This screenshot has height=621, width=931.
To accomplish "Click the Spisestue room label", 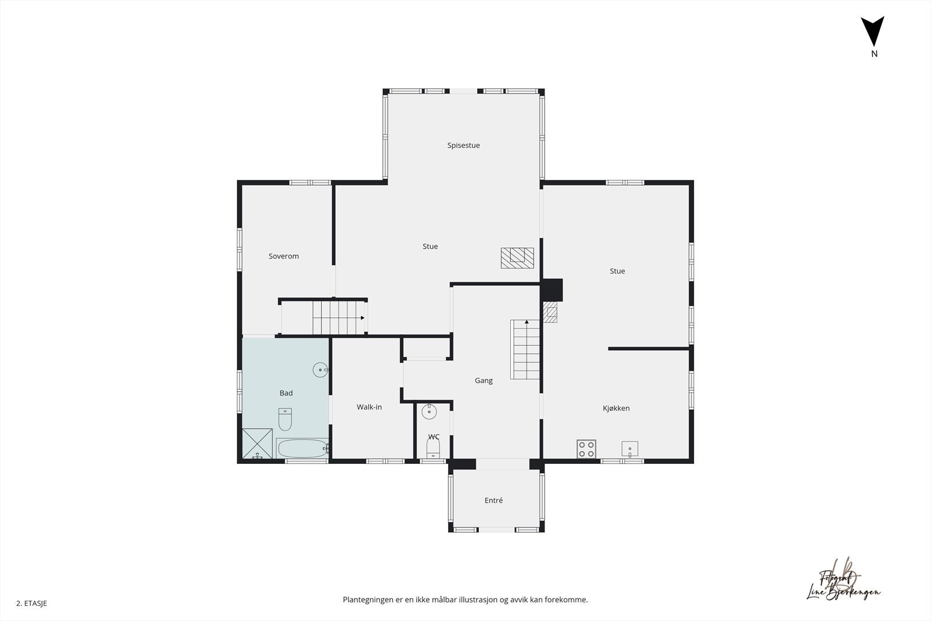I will (x=463, y=146).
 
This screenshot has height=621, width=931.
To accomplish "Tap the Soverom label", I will (x=283, y=256).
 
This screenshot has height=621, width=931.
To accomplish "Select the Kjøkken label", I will (x=616, y=408).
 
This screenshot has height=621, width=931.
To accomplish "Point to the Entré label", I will (x=493, y=501).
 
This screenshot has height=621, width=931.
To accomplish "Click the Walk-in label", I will (x=369, y=407).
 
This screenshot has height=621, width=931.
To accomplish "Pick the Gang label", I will (x=484, y=381).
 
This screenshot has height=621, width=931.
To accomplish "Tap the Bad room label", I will (x=286, y=393).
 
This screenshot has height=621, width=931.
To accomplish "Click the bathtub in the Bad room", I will (x=302, y=448).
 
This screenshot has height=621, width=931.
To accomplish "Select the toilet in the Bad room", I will (x=285, y=418).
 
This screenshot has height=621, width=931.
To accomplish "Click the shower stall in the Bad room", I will (x=257, y=443).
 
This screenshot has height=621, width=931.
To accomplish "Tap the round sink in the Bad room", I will (x=321, y=370).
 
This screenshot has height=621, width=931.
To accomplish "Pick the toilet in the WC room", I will (x=433, y=448).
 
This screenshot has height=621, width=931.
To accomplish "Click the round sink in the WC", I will (x=429, y=412).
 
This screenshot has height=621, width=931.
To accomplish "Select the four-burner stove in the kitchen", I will (x=586, y=449).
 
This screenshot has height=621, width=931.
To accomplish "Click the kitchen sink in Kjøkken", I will (x=630, y=449).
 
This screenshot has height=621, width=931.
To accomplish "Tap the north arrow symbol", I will (x=873, y=32).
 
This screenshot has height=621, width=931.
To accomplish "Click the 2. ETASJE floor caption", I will (x=31, y=604).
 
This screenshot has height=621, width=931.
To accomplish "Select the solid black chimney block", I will (x=552, y=289).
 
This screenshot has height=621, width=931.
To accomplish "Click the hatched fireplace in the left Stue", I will (x=517, y=258).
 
